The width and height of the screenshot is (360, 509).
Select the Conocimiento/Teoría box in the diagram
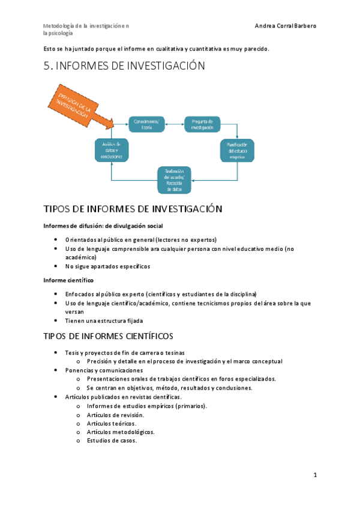(x=146, y=124)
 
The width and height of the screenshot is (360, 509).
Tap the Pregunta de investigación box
(x=202, y=124)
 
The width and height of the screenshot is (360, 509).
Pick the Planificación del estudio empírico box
(x=237, y=150)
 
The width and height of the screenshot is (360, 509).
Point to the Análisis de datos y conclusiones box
(x=112, y=150)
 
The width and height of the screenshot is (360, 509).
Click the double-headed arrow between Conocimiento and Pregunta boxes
(x=174, y=124)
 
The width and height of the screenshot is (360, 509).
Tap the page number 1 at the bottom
(x=315, y=475)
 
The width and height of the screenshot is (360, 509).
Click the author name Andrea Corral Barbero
(x=286, y=26)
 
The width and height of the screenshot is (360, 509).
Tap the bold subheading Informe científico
(x=68, y=280)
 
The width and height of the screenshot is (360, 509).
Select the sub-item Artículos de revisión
(x=115, y=415)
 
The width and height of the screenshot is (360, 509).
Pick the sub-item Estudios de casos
(x=112, y=441)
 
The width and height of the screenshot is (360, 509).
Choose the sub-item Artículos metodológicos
(x=121, y=432)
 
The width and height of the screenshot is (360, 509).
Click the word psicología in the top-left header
(x=61, y=34)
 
